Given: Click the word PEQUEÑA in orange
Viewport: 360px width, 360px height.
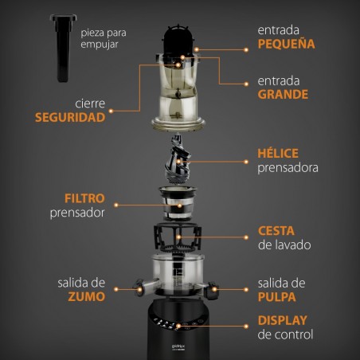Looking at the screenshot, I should click(286, 44).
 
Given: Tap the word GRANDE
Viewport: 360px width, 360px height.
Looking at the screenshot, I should click(283, 96).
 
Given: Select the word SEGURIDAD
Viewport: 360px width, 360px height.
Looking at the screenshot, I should click(69, 117).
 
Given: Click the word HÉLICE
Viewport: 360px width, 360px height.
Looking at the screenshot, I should click(278, 153).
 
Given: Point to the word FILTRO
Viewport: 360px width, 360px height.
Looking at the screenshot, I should click(87, 198).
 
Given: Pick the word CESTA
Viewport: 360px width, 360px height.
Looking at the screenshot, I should click(276, 231).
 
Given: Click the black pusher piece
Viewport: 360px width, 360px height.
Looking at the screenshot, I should click(61, 47).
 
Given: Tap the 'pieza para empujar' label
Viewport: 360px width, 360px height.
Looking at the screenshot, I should click(108, 40).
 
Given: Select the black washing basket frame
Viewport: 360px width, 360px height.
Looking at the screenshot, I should click(179, 237).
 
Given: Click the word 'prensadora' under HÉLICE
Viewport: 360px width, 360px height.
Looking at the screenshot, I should click(288, 168).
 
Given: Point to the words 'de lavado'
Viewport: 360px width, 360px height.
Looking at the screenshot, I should click(284, 245).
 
